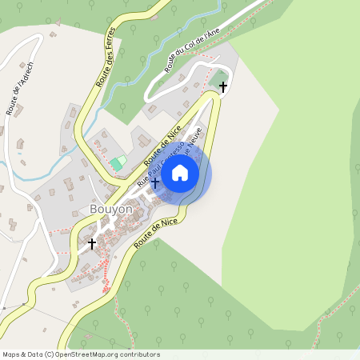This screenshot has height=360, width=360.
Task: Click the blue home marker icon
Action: [x=180, y=172]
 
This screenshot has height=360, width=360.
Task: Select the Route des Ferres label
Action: [x=106, y=57]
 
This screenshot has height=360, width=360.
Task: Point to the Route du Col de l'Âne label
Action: [x=192, y=50]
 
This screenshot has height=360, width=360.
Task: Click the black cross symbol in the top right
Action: [x=223, y=86]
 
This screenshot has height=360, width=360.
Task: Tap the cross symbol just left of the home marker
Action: [x=154, y=184]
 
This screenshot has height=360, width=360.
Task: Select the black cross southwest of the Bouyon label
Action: [x=92, y=242]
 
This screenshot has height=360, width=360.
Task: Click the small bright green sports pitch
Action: [x=118, y=163]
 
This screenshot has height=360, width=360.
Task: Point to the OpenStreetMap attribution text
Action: [x=81, y=354]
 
